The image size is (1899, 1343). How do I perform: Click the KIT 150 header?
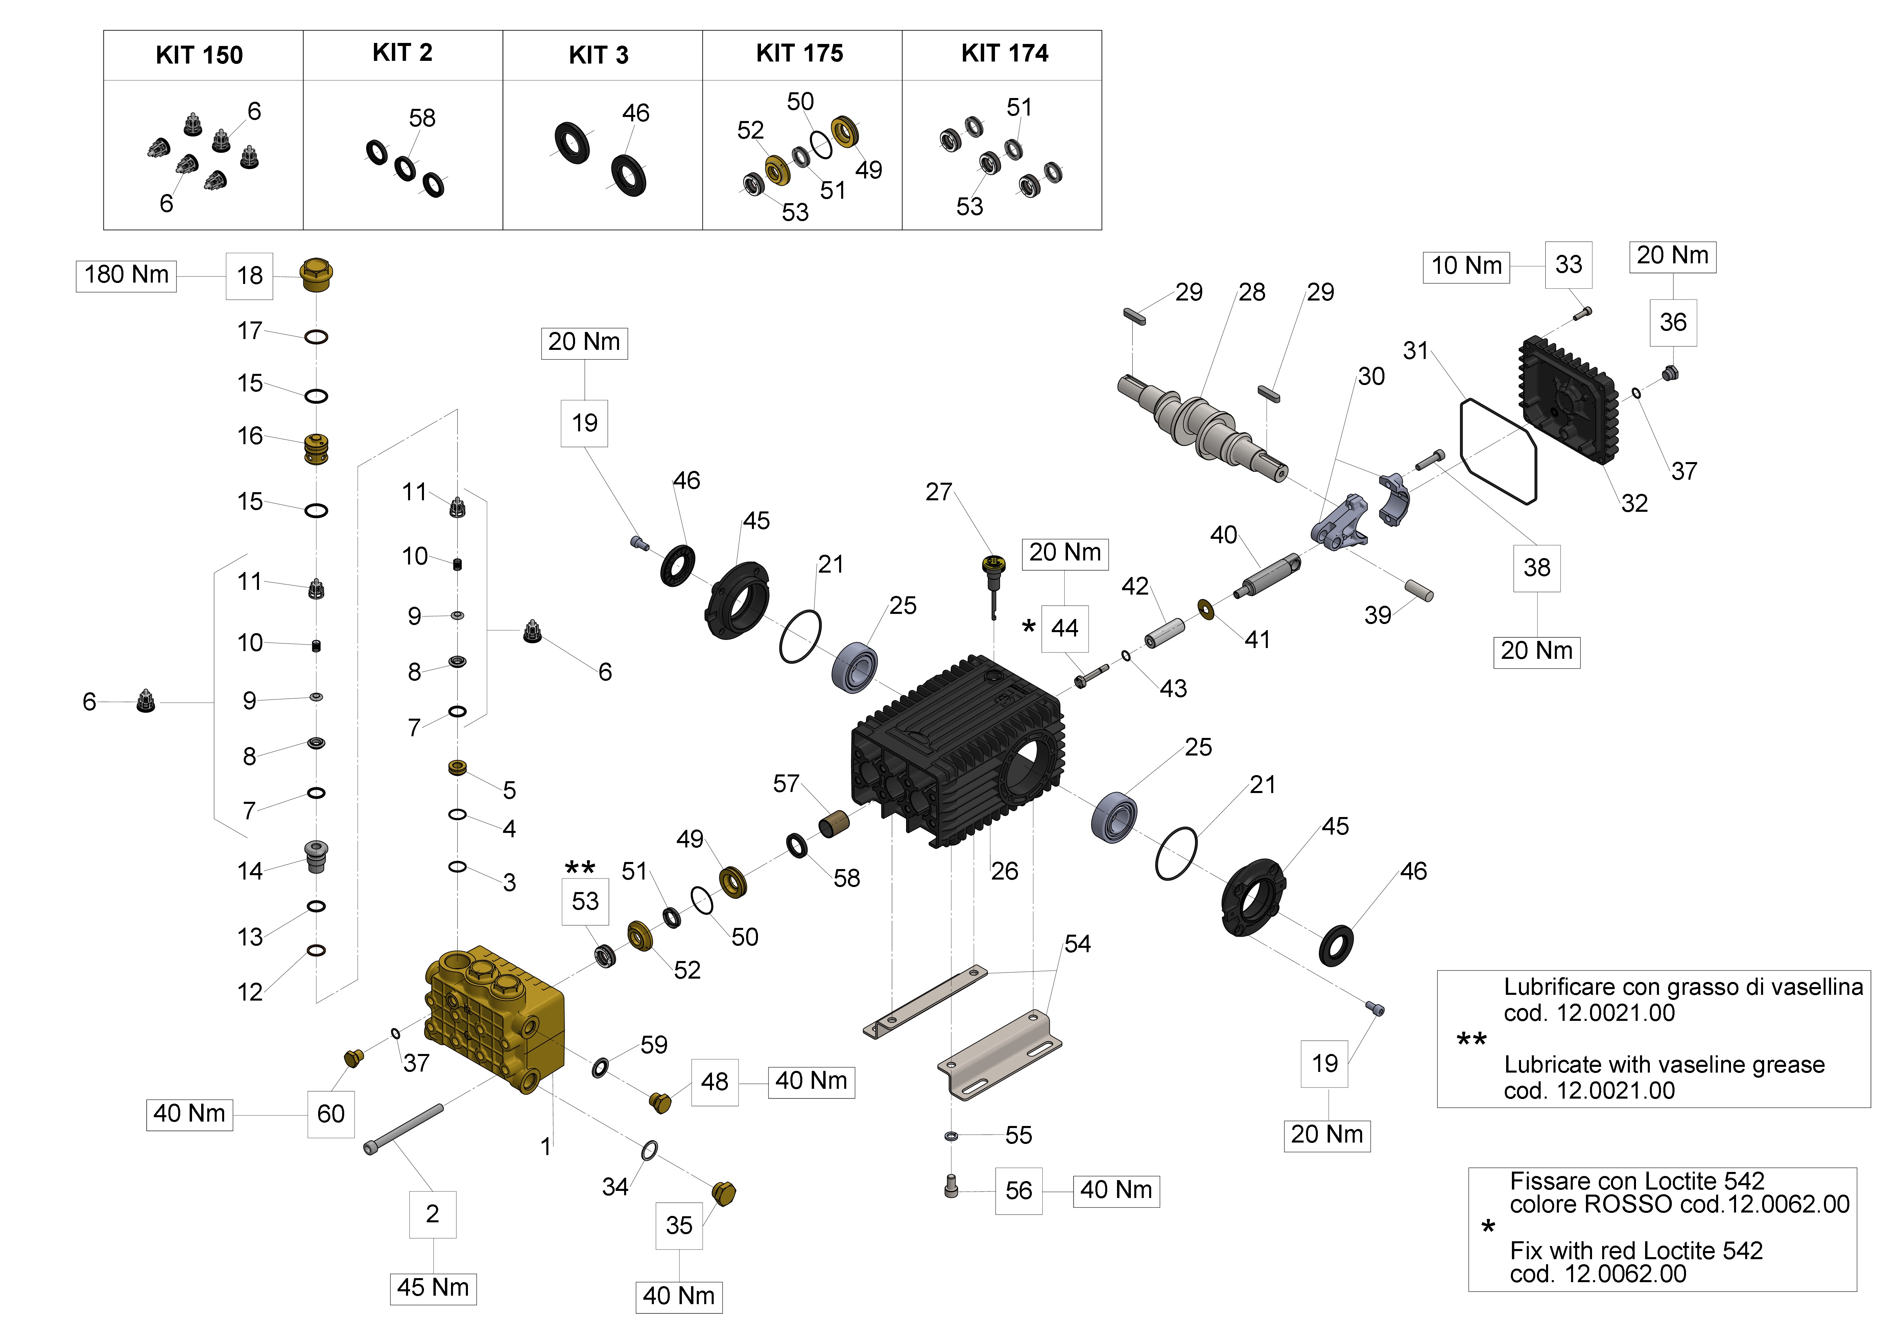pyautogui.click(x=199, y=55)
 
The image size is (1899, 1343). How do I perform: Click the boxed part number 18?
pyautogui.click(x=249, y=275)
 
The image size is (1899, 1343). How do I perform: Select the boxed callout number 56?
pyautogui.click(x=1018, y=1191)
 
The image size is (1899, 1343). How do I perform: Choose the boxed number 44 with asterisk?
pyautogui.click(x=1065, y=628)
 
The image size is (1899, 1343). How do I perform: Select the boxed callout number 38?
pyautogui.click(x=1536, y=567)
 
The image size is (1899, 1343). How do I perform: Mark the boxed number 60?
pyautogui.click(x=331, y=1114)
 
